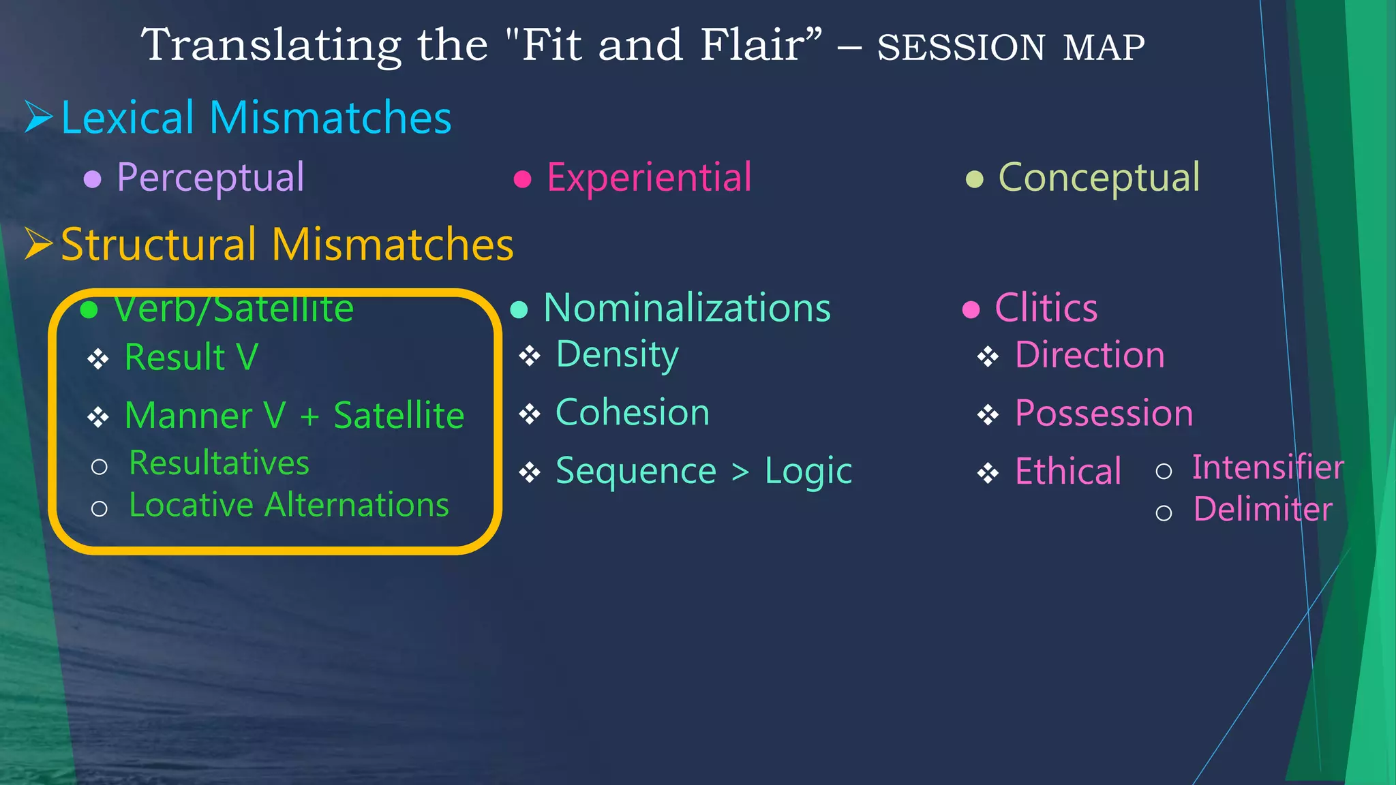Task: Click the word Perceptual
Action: (210, 178)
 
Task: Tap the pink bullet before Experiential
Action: (522, 179)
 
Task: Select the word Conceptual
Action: (1099, 178)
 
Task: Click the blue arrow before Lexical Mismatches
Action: (38, 117)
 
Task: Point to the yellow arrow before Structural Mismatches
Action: (38, 243)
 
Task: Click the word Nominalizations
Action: (687, 308)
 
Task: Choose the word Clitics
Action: (1046, 308)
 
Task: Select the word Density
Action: (617, 355)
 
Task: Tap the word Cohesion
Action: (633, 413)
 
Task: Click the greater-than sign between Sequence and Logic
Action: (740, 472)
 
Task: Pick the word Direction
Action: (1089, 355)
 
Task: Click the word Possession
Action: (1104, 414)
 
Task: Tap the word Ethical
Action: (1067, 472)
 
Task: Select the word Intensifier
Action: (1267, 467)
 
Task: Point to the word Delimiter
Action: (1262, 510)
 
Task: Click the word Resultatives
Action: (219, 463)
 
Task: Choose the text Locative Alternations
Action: (289, 506)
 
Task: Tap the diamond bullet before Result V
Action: (98, 358)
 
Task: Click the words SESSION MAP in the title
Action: (1010, 48)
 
